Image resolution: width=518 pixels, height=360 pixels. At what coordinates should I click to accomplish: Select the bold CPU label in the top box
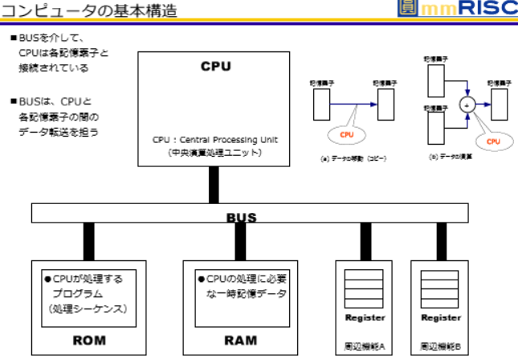pos(215,65)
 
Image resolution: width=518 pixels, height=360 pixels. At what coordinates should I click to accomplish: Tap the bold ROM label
pos(88,340)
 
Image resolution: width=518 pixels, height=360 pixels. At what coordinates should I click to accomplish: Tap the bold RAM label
pos(240,340)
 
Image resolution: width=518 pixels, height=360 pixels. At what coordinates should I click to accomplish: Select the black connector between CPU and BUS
pos(214,185)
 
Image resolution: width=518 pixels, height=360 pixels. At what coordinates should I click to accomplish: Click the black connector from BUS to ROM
pos(88,241)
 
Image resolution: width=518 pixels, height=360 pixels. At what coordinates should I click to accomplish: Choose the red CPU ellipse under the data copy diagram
pos(346,134)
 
